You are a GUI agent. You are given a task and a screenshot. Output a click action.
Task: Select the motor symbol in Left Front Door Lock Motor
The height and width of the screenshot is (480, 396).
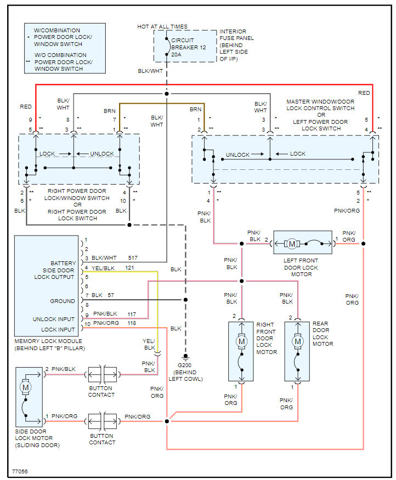point(292,243)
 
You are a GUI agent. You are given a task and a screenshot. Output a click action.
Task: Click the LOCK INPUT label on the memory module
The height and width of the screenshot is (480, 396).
point(58,330)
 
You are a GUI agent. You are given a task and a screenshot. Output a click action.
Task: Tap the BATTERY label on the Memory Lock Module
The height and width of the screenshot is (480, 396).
point(63,264)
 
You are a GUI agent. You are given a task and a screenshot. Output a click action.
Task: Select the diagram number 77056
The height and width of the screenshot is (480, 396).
point(20,471)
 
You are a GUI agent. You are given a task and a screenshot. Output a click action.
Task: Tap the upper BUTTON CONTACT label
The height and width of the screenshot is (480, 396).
point(102,395)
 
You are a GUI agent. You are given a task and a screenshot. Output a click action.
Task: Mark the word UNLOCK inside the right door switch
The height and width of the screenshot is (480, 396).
point(102,154)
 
